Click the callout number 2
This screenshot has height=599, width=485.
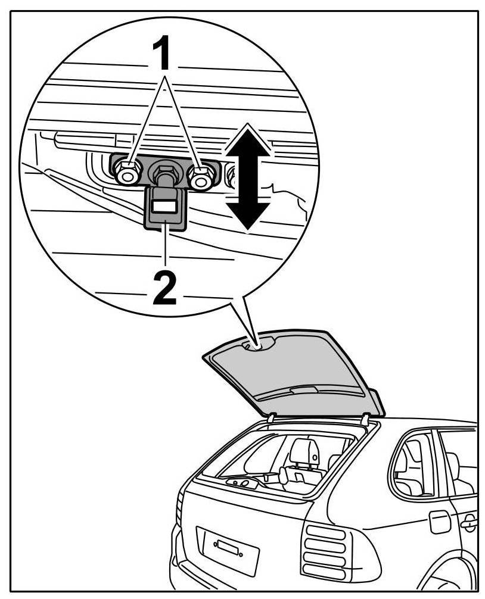tap(165, 289)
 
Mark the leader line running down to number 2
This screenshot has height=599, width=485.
tap(165, 250)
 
